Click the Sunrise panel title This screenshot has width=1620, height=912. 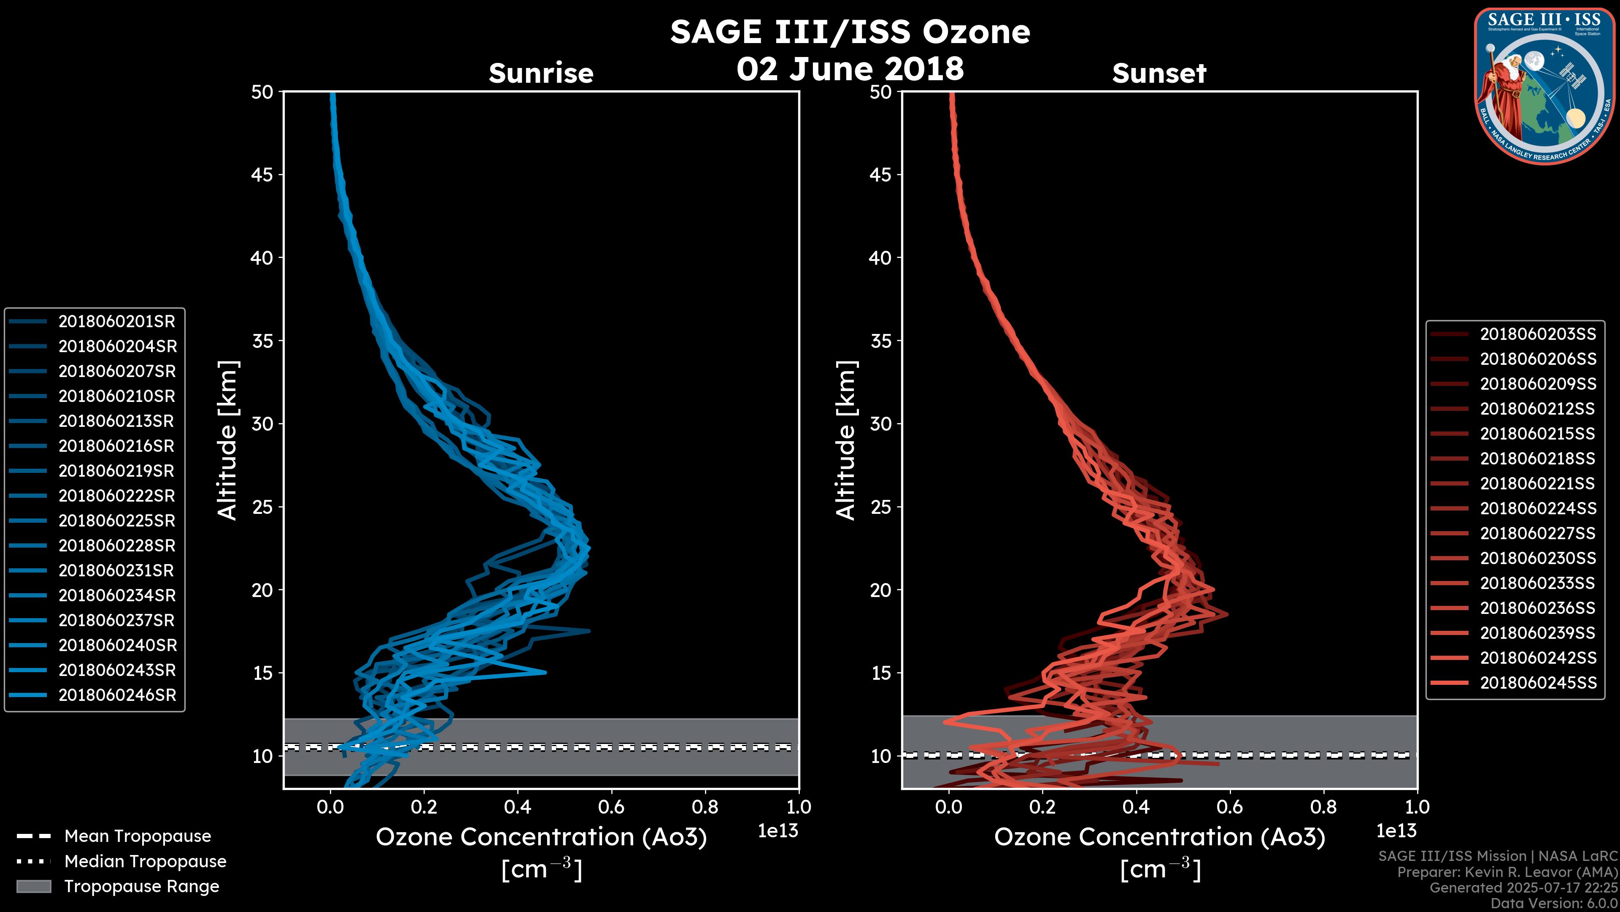[541, 73]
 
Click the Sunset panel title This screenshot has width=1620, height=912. [1159, 73]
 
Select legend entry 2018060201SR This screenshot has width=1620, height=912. [116, 322]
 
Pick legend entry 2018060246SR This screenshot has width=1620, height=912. [117, 695]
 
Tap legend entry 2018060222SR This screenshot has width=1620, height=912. [116, 496]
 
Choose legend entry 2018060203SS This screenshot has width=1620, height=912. [1538, 334]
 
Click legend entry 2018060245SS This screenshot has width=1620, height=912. [1538, 683]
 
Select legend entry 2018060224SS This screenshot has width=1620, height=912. [1538, 508]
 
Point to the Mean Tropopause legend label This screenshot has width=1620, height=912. [138, 836]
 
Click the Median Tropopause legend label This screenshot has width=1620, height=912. [145, 862]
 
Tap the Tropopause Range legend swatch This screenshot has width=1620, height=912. [33, 887]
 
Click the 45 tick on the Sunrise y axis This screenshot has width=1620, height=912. [262, 175]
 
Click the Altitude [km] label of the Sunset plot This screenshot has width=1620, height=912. [846, 440]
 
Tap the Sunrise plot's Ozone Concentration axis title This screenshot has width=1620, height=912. [541, 838]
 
